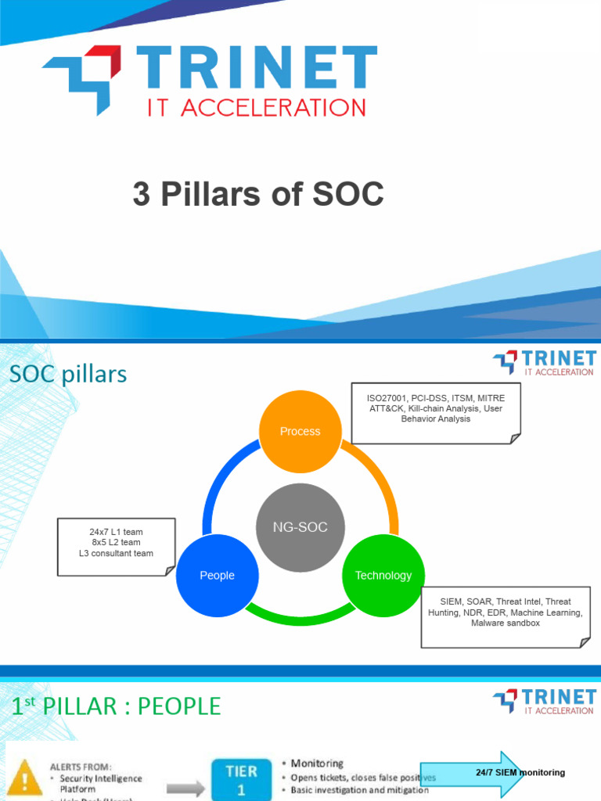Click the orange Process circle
point(300,431)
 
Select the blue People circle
point(217,575)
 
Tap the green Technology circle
point(383,575)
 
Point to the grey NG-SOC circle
point(300,527)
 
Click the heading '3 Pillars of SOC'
point(258,195)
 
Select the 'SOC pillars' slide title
point(68,375)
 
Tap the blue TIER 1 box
point(241,780)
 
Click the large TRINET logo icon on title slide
point(83,79)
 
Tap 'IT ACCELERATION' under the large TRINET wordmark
point(256,107)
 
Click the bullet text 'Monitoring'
point(317,763)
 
